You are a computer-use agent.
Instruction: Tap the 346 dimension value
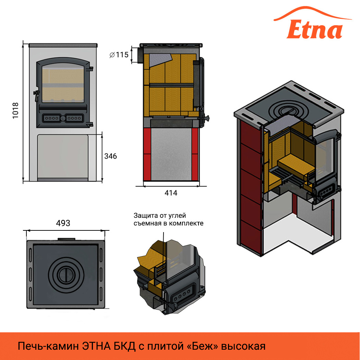[x=110, y=156]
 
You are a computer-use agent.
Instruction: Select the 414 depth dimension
[x=171, y=193]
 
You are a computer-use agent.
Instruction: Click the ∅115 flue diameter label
[x=118, y=55]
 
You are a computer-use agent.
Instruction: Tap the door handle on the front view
[x=35, y=96]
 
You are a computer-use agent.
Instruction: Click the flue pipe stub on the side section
[x=140, y=55]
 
